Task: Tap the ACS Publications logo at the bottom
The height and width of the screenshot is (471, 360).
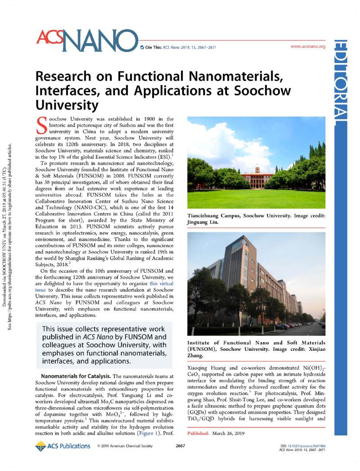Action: coord(63,446)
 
